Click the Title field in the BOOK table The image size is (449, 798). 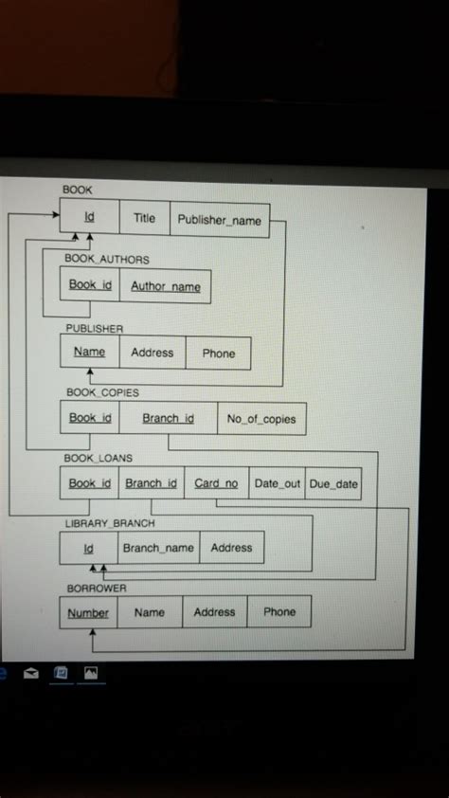coord(144,219)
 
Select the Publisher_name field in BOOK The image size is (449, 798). coord(220,220)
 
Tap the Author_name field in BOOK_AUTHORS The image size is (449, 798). coord(165,286)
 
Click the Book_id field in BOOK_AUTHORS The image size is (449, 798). coord(90,285)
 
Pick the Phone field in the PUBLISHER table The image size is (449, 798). coord(218,353)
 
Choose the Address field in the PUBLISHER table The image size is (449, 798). coord(153,353)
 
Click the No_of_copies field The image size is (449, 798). coord(261,419)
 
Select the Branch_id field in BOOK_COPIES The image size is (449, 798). coord(168,418)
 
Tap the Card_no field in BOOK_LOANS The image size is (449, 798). coord(216,483)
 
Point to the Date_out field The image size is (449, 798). coord(277,483)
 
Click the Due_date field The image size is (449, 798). coord(333,483)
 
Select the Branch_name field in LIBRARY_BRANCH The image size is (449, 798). coord(157,548)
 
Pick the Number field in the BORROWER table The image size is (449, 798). coord(88,613)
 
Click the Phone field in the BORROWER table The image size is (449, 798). coord(279,612)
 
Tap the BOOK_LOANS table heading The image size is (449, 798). coord(98,459)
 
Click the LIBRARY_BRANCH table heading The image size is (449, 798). coord(109,523)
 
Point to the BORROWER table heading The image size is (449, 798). coord(96,589)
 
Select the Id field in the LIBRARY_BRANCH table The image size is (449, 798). coord(89,548)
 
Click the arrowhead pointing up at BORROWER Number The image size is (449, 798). coord(92,635)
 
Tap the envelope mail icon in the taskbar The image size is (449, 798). coord(31,674)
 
